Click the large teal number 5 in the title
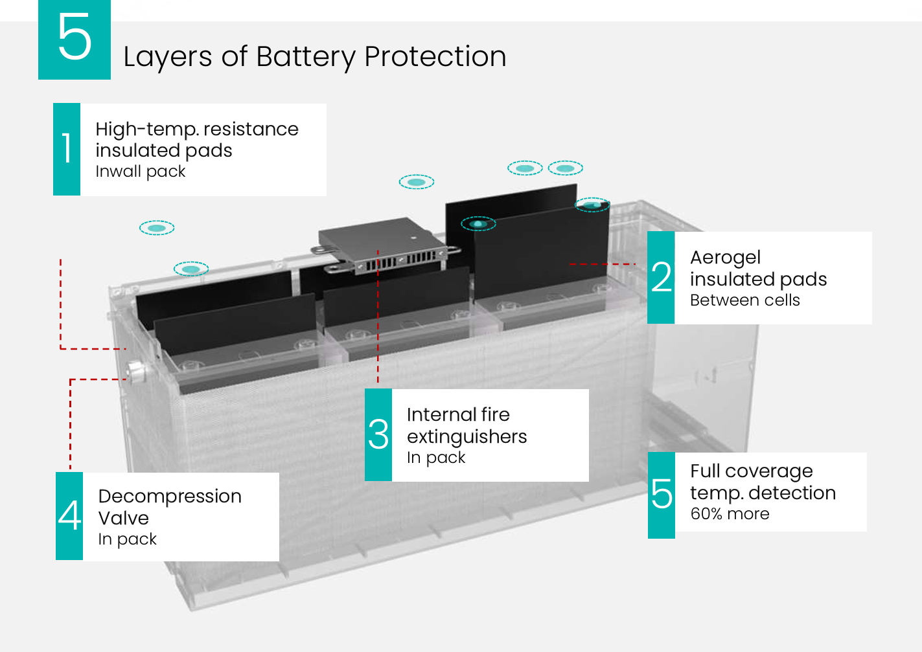pyautogui.click(x=75, y=39)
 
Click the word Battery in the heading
pyautogui.click(x=306, y=57)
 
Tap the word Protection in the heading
pyautogui.click(x=435, y=56)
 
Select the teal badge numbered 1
pyautogui.click(x=67, y=149)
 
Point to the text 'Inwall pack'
pyautogui.click(x=140, y=172)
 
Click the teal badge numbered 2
pyautogui.click(x=661, y=277)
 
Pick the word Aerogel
pyautogui.click(x=725, y=258)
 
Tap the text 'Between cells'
pyautogui.click(x=744, y=300)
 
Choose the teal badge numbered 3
pyautogui.click(x=378, y=434)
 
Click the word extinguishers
pyautogui.click(x=467, y=437)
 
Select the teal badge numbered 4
pyautogui.click(x=69, y=516)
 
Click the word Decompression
pyautogui.click(x=170, y=497)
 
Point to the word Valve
pyautogui.click(x=124, y=518)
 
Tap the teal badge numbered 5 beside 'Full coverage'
pyautogui.click(x=662, y=495)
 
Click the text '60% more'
pyautogui.click(x=730, y=514)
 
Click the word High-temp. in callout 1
pyautogui.click(x=146, y=129)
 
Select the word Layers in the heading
pyautogui.click(x=167, y=57)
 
